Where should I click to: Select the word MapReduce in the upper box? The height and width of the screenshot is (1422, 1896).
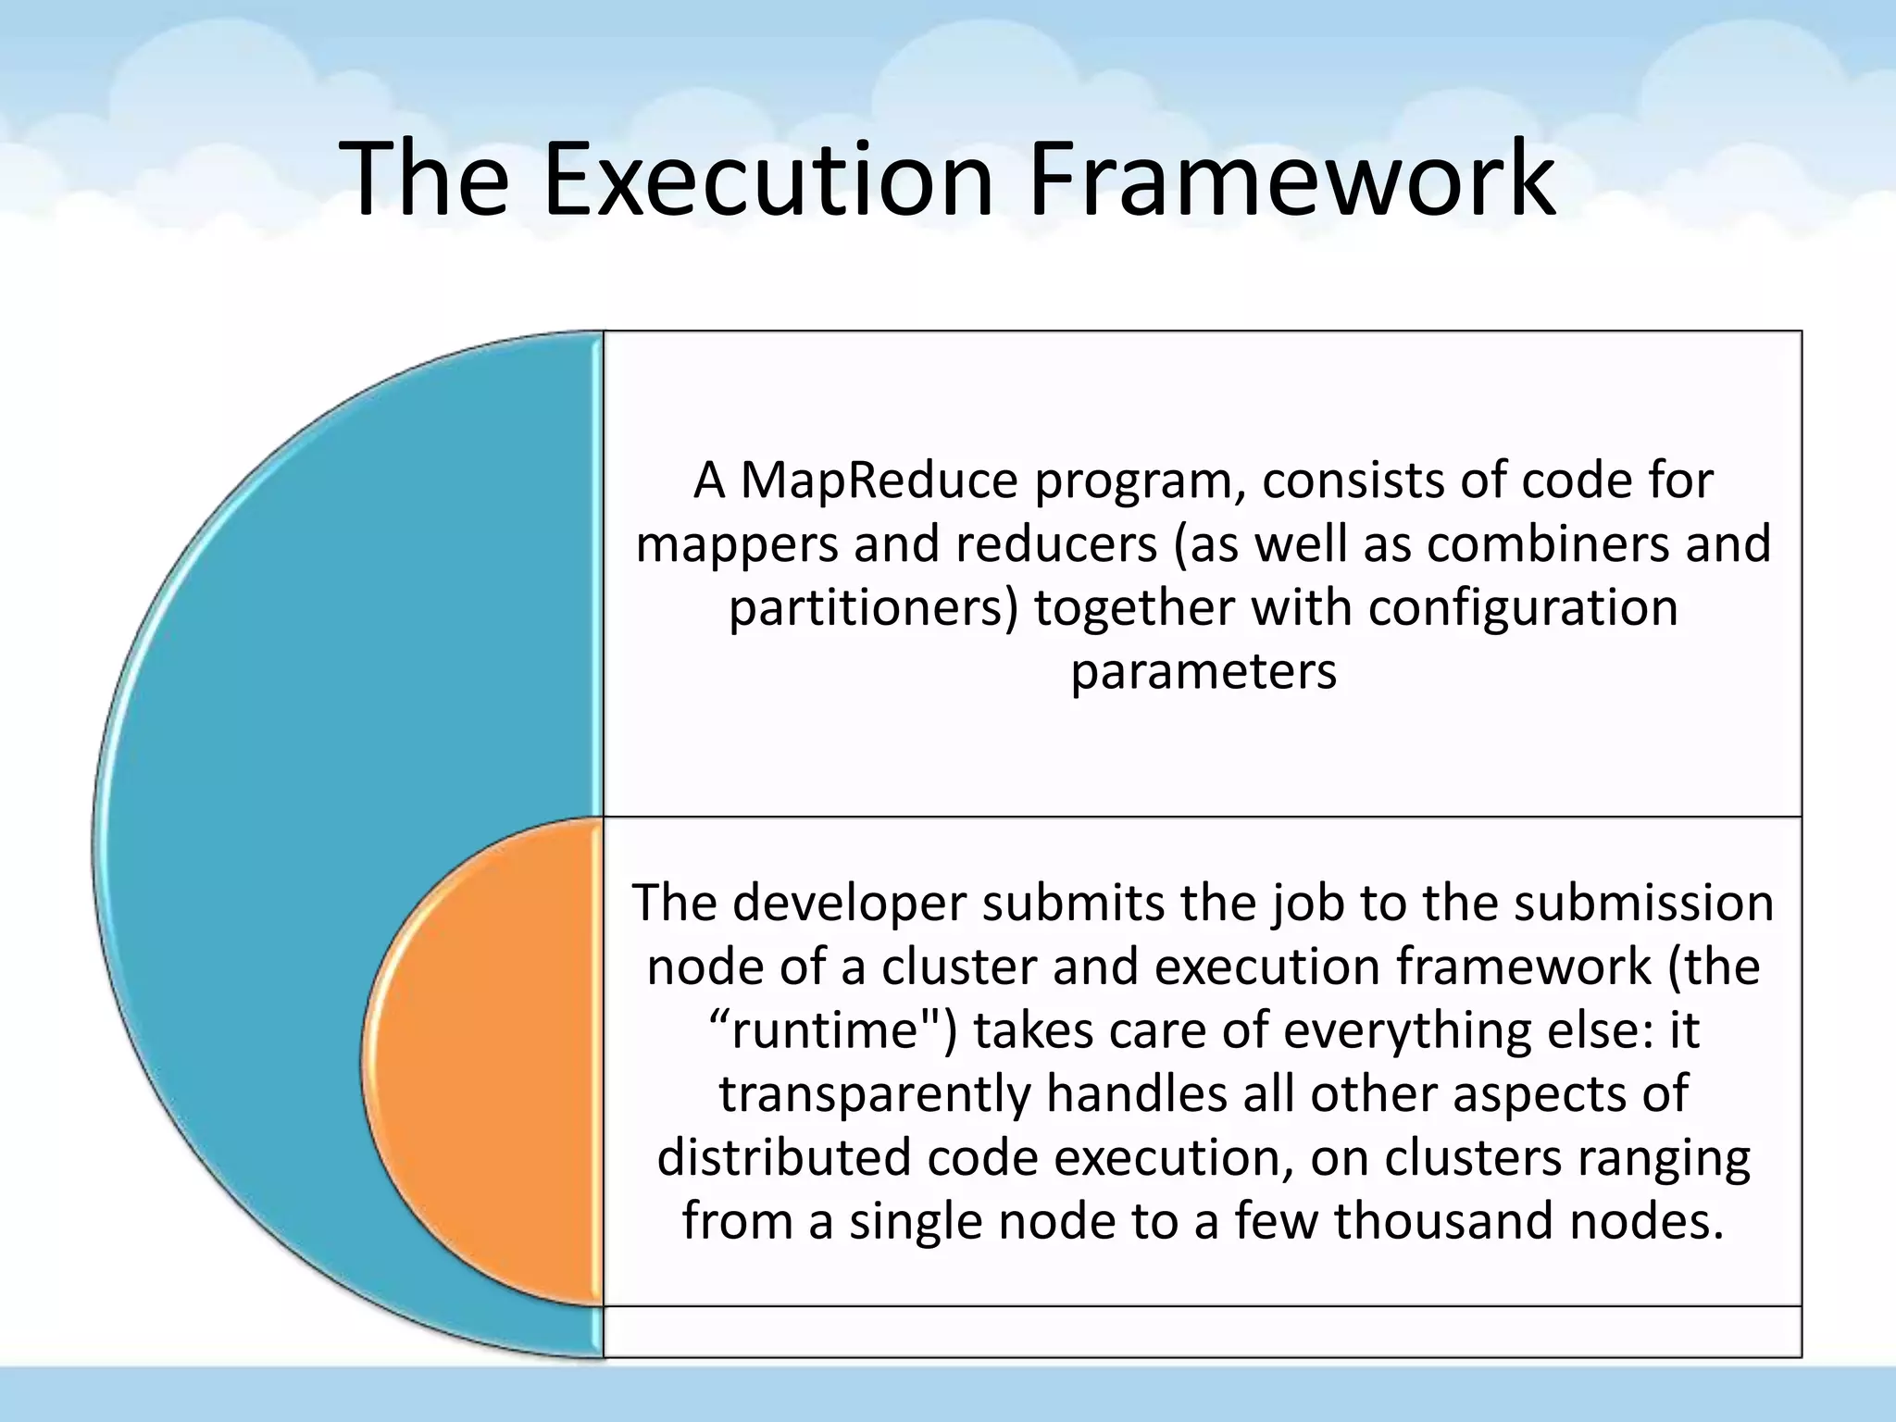pos(879,481)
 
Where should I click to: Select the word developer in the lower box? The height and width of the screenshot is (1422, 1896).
pos(849,904)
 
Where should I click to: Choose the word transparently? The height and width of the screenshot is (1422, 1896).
pos(874,1094)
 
